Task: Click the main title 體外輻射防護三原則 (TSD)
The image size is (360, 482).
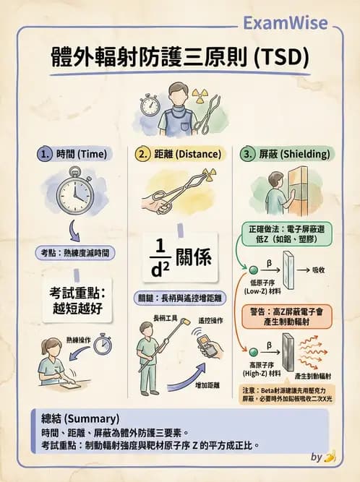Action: point(181,56)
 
